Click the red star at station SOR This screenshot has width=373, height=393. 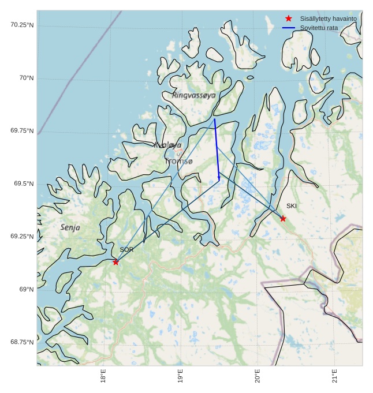click(x=116, y=262)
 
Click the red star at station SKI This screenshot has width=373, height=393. click(x=283, y=218)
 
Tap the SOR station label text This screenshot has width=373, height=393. click(x=126, y=250)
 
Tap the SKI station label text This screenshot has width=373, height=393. click(x=292, y=206)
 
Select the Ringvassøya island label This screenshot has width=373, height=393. click(x=193, y=95)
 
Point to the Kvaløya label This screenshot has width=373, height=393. click(x=168, y=145)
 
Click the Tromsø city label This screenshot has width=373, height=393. click(x=178, y=162)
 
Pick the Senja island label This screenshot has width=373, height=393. click(x=70, y=228)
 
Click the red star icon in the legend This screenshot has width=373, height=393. click(x=289, y=18)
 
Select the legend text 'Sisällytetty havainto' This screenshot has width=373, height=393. click(x=328, y=18)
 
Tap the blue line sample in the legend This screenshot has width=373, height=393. click(x=289, y=28)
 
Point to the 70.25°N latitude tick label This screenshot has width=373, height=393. click(x=22, y=25)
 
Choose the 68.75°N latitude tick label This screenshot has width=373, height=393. click(x=22, y=342)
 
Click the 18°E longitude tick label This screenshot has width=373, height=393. click(x=103, y=376)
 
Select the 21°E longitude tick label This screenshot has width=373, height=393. click(x=335, y=376)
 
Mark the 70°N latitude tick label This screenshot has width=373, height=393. click(x=26, y=78)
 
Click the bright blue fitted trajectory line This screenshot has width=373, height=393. click(x=217, y=148)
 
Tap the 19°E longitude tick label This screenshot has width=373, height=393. click(x=181, y=376)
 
